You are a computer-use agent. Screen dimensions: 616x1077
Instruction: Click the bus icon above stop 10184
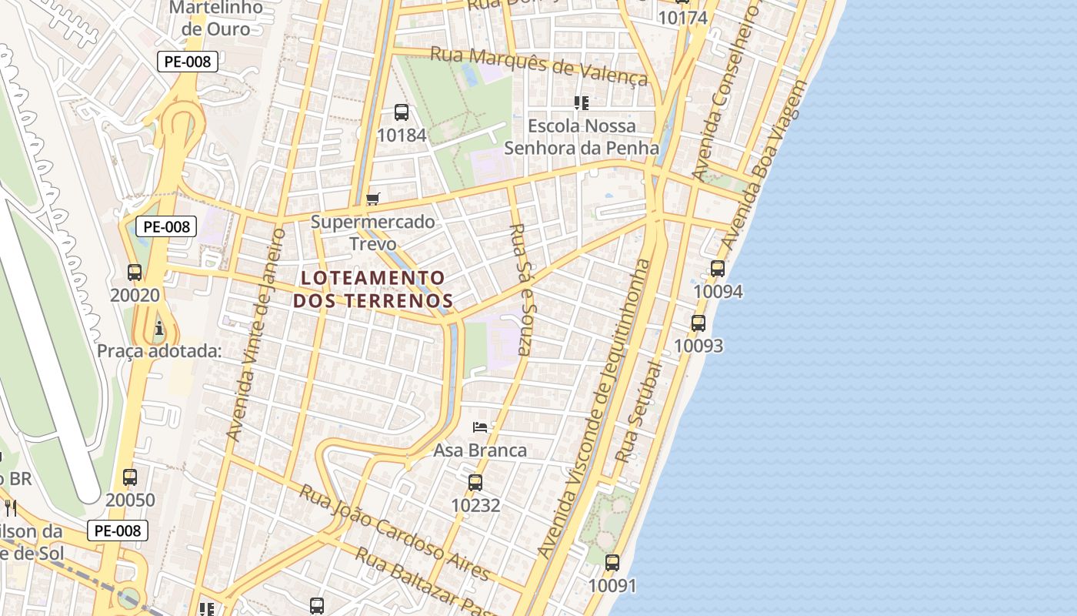pyautogui.click(x=402, y=112)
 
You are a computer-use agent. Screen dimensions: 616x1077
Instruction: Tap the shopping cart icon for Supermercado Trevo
pyautogui.click(x=373, y=199)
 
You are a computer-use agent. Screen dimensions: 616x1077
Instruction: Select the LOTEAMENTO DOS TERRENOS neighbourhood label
pyautogui.click(x=373, y=289)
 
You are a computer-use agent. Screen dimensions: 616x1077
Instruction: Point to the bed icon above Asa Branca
pyautogui.click(x=480, y=427)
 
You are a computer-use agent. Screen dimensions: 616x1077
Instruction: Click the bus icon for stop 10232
pyautogui.click(x=475, y=483)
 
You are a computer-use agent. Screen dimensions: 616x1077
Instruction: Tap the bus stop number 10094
pyautogui.click(x=718, y=292)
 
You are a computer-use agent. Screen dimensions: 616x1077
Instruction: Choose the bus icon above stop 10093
pyautogui.click(x=699, y=323)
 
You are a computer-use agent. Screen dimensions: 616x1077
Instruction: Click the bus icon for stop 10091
pyautogui.click(x=612, y=563)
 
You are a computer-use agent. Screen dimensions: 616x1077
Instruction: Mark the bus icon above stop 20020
pyautogui.click(x=135, y=273)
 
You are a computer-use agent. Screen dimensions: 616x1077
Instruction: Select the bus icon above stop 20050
pyautogui.click(x=130, y=477)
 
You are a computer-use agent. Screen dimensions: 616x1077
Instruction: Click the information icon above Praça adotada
pyautogui.click(x=159, y=329)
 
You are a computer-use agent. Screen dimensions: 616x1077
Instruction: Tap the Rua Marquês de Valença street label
pyautogui.click(x=538, y=65)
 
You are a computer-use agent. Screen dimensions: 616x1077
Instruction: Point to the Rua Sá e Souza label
pyautogui.click(x=521, y=289)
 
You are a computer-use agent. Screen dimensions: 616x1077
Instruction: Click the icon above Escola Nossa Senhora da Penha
pyautogui.click(x=582, y=103)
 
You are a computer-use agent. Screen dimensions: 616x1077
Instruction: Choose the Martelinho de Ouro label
pyautogui.click(x=216, y=18)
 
